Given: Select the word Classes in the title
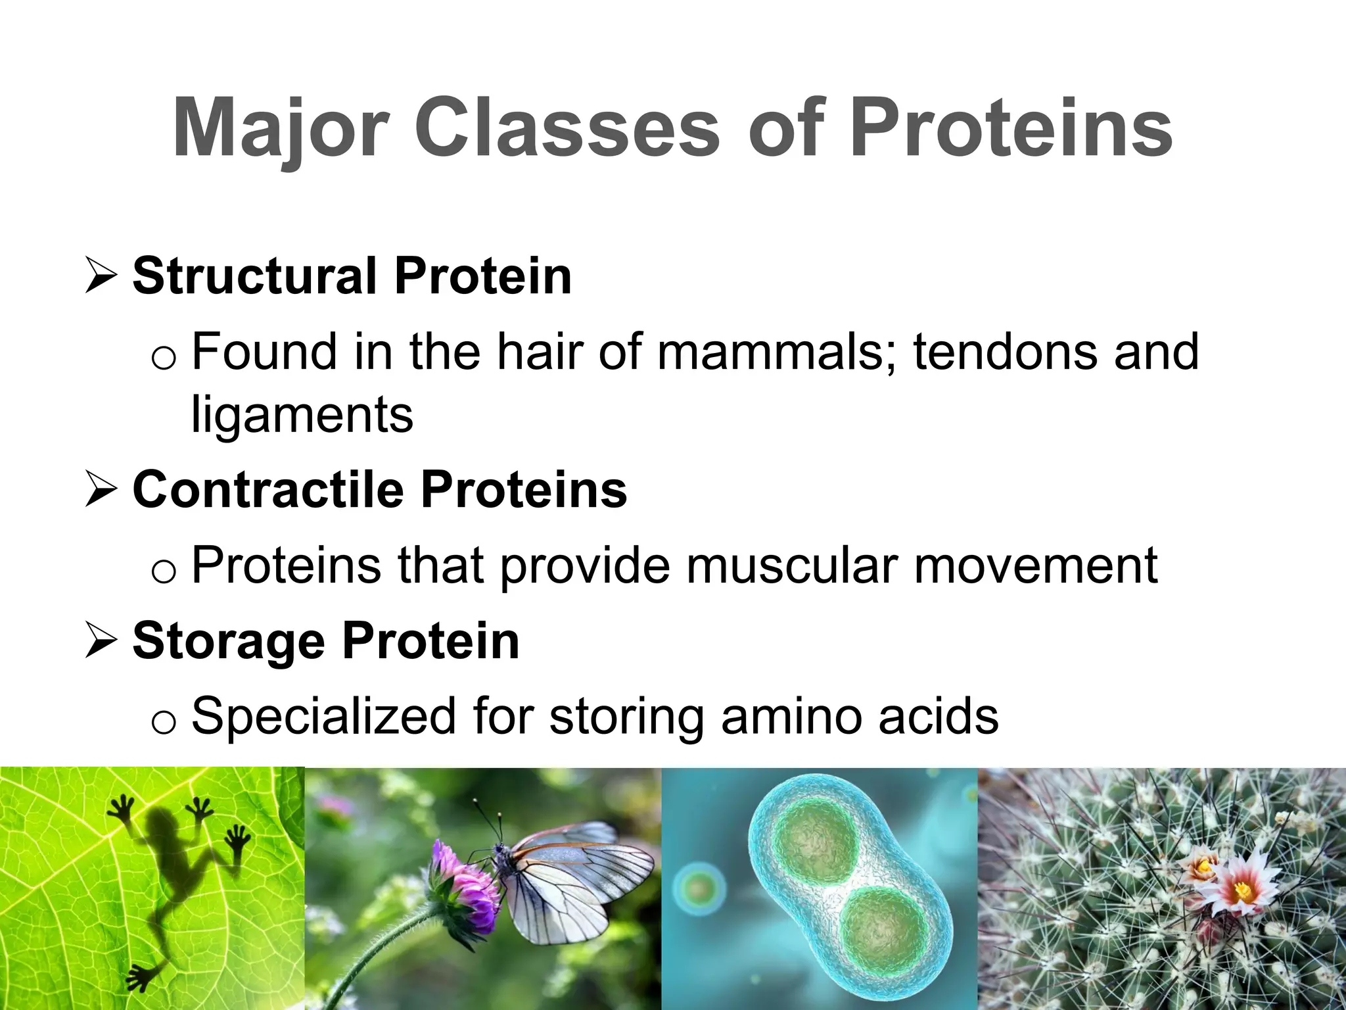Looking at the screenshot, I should pos(567,128).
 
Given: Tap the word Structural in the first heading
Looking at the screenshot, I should pos(254,276).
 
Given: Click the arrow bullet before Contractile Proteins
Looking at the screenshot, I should pos(102,491).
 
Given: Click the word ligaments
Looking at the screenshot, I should pos(302,416).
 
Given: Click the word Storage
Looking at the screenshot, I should pos(229,641).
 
